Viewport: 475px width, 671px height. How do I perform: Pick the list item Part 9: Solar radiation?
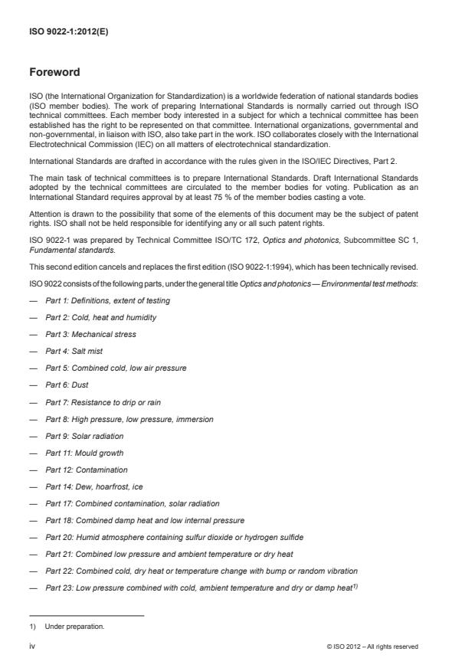[x=84, y=436]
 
